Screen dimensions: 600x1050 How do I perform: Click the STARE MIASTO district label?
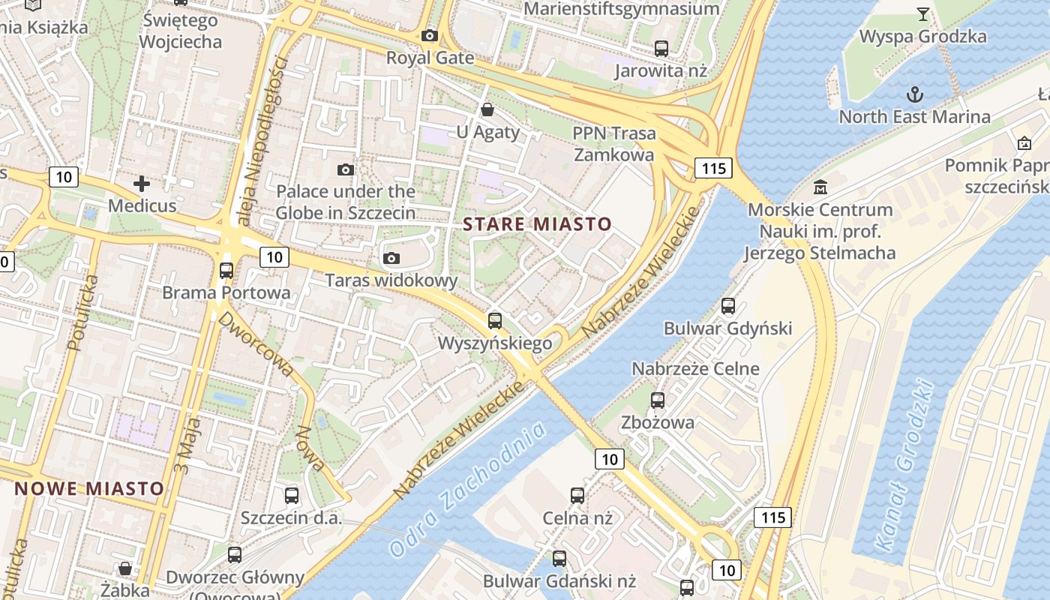pyautogui.click(x=537, y=223)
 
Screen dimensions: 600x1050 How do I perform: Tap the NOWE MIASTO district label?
pyautogui.click(x=89, y=488)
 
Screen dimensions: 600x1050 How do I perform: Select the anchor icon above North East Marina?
pyautogui.click(x=914, y=94)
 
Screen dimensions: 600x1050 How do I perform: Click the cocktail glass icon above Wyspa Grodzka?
pyautogui.click(x=922, y=14)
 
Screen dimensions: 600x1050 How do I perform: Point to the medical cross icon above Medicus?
pyautogui.click(x=142, y=183)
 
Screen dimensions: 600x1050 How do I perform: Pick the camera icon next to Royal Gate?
pyautogui.click(x=430, y=35)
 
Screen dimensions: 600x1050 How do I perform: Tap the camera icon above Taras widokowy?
pyautogui.click(x=391, y=259)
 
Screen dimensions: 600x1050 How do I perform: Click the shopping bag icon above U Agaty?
pyautogui.click(x=487, y=110)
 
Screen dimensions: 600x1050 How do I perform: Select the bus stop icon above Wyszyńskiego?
pyautogui.click(x=495, y=321)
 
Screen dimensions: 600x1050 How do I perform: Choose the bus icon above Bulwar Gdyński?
pyautogui.click(x=727, y=306)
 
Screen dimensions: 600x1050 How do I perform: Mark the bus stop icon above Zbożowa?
pyautogui.click(x=658, y=400)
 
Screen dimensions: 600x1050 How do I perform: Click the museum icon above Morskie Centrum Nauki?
pyautogui.click(x=820, y=187)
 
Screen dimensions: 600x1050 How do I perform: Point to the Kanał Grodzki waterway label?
pyautogui.click(x=906, y=466)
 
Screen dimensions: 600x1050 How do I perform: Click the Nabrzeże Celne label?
pyautogui.click(x=695, y=368)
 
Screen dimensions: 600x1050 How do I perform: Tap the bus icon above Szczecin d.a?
pyautogui.click(x=292, y=496)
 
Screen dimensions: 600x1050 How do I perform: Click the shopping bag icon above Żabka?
pyautogui.click(x=125, y=568)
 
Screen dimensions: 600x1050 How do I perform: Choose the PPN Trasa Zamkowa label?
pyautogui.click(x=613, y=144)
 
